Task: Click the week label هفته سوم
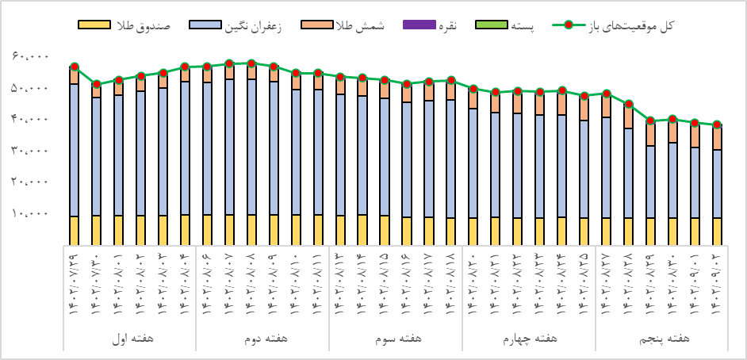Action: pos(396,339)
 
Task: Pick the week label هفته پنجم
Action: pos(662,339)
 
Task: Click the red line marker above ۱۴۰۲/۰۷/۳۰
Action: pos(96,84)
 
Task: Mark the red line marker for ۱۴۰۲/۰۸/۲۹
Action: pos(651,121)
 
